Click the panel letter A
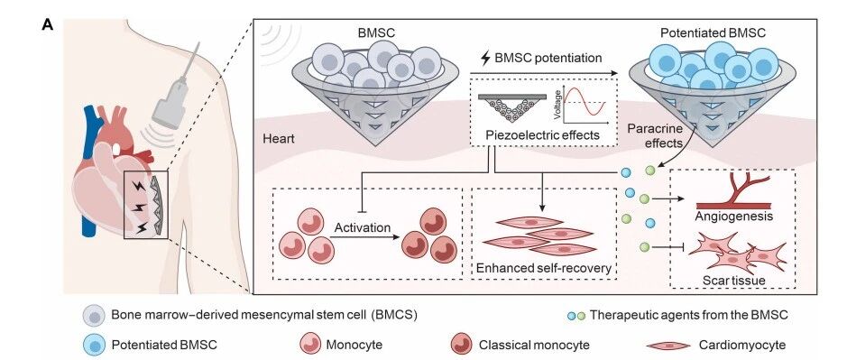48,26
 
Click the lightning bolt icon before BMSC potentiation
485,58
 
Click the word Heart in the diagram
279,138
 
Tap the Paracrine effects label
655,135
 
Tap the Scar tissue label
734,281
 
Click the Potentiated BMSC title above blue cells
713,33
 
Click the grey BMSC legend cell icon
94,315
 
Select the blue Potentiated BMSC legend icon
94,345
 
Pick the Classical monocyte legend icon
461,345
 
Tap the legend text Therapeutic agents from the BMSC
689,315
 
